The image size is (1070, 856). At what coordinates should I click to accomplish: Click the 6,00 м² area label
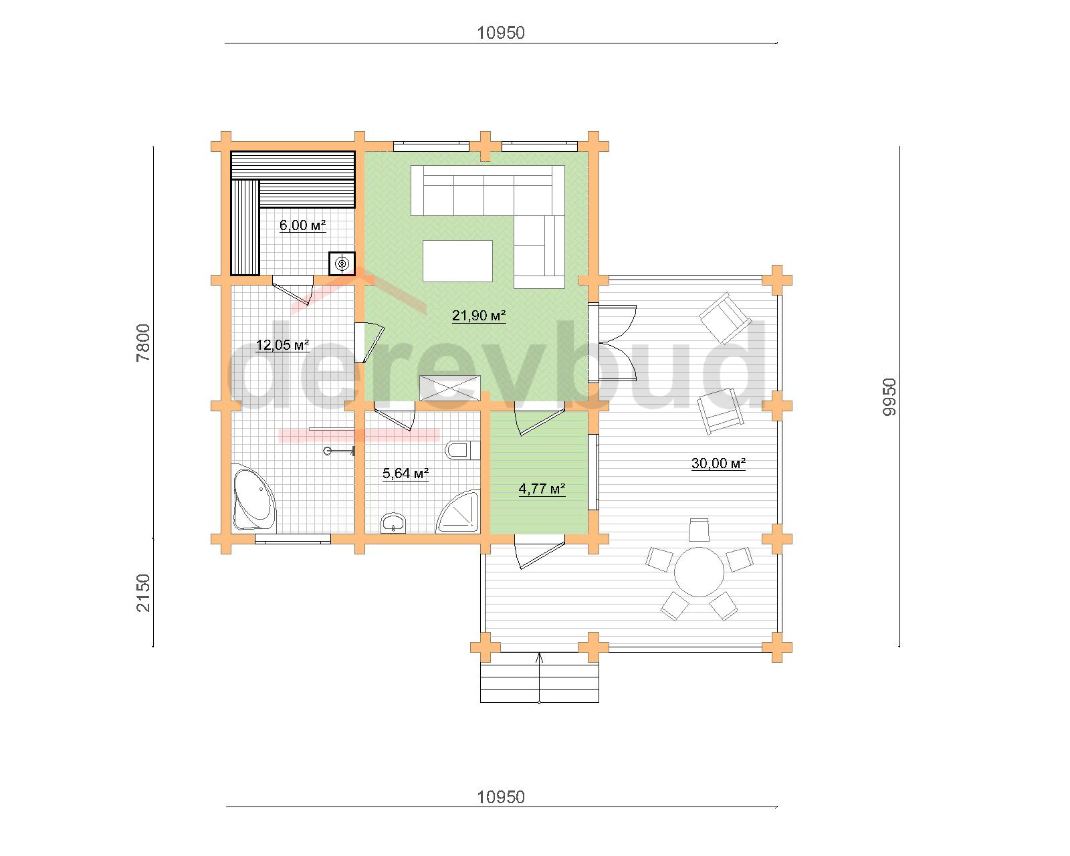[x=302, y=225]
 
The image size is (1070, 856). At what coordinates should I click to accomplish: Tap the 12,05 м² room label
[x=282, y=344]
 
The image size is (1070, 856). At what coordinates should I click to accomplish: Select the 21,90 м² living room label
[x=479, y=316]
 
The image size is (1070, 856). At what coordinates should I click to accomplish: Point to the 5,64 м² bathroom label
[x=406, y=473]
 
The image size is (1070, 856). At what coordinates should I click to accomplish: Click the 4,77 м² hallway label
[x=542, y=489]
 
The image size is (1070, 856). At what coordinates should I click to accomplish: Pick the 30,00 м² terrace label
[x=718, y=463]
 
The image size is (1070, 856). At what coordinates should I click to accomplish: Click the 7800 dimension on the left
[x=143, y=342]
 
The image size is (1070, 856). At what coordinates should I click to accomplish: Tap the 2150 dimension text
[x=143, y=593]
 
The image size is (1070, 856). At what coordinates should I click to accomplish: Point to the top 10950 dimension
[x=501, y=33]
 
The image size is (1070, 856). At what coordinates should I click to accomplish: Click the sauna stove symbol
[x=342, y=263]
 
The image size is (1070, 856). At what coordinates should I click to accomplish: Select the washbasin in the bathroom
[x=394, y=524]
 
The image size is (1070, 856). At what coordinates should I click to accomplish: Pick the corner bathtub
[x=253, y=498]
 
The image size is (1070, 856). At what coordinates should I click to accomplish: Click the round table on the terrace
[x=699, y=572]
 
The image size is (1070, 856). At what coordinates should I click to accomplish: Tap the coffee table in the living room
[x=457, y=261]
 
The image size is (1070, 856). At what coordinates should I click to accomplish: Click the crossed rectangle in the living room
[x=450, y=388]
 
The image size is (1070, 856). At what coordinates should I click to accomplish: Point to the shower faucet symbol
[x=339, y=451]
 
